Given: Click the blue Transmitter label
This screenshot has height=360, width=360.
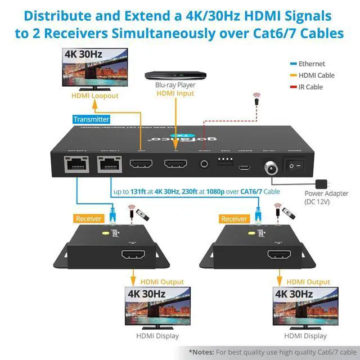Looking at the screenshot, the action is point(91,119).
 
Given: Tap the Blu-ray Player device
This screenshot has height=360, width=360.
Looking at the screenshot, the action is point(175,75).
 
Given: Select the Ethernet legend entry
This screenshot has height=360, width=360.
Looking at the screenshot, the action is point(312,64).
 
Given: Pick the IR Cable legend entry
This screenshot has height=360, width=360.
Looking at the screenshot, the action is point(310,87).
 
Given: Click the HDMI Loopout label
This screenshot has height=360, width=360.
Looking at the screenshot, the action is point(94,96).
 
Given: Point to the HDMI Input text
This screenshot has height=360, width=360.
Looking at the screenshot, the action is point(175,93).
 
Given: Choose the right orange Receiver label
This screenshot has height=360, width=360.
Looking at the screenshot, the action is point(234,218).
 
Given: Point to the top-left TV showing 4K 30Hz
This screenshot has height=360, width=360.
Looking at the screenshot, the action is point(94,69).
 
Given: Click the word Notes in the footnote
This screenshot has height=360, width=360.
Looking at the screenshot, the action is point(202,352).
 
